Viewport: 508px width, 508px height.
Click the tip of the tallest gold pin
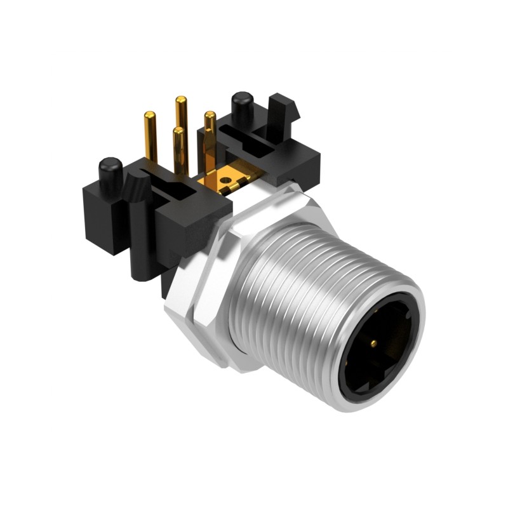point(181,100)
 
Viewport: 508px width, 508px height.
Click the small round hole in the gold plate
point(225,180)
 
